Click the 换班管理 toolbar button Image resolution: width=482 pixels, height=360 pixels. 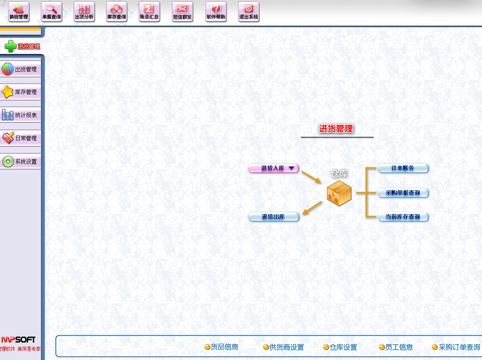coord(19,12)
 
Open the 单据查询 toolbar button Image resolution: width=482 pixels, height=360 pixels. coord(51,12)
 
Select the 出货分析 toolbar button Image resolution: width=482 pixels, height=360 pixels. coord(84,12)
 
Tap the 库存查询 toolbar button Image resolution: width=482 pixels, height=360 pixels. coord(116,12)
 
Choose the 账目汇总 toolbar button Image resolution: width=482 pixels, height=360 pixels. coord(149,12)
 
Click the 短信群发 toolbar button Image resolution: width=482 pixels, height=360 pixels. coord(182,12)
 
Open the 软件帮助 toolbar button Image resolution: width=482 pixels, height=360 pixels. coord(216,12)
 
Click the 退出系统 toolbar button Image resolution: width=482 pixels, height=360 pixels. coord(249,12)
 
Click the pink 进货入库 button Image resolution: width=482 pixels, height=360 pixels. coord(273,168)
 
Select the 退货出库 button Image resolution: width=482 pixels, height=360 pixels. coord(274,217)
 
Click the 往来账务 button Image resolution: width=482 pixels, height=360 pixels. coord(403,168)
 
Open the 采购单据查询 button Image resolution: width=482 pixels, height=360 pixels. coord(403,193)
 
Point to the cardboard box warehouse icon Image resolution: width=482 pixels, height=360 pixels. coord(339,193)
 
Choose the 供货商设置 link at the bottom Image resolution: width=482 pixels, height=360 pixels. coord(284,347)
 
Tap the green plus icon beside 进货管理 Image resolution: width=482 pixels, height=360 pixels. coord(10,47)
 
